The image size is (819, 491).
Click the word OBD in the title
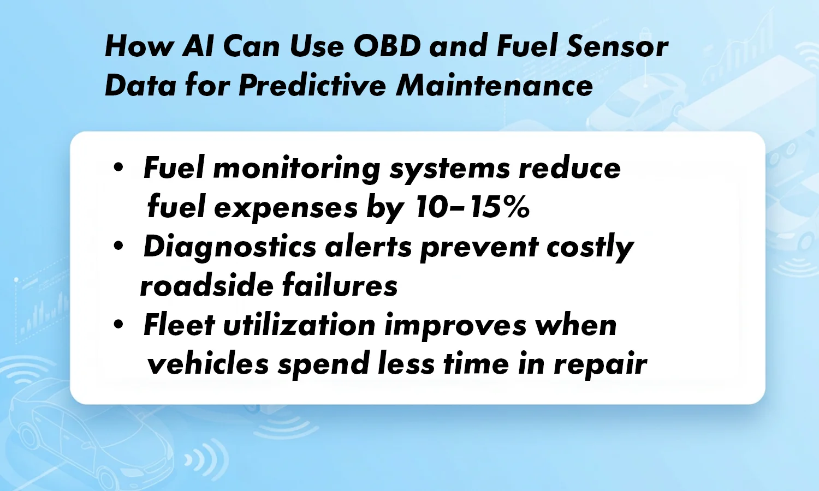(387, 46)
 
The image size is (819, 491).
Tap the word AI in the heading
(198, 46)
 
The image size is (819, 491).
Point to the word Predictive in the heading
(312, 86)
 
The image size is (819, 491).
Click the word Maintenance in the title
(495, 86)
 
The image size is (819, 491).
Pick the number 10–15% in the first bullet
(472, 207)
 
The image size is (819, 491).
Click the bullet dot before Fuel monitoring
(118, 167)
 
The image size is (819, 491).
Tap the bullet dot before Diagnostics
(118, 247)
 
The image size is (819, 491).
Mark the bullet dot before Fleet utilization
(118, 325)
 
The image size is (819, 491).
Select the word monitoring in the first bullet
(296, 169)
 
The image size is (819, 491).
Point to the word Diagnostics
(230, 247)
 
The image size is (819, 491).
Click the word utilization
(299, 326)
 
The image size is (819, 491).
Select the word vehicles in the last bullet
(207, 364)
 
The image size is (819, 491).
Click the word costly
(590, 247)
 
